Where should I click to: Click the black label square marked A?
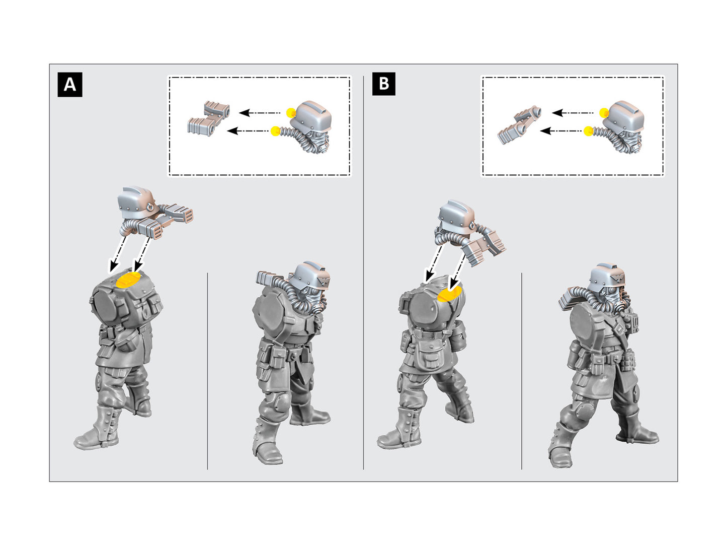tap(69, 85)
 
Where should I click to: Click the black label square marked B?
tap(383, 84)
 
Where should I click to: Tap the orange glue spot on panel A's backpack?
tap(129, 280)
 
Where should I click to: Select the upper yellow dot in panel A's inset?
tap(290, 113)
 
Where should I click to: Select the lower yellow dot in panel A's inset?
tap(275, 131)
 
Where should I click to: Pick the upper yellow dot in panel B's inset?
tap(603, 113)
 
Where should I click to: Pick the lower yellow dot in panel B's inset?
tap(588, 132)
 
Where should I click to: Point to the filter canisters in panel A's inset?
tap(208, 118)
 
